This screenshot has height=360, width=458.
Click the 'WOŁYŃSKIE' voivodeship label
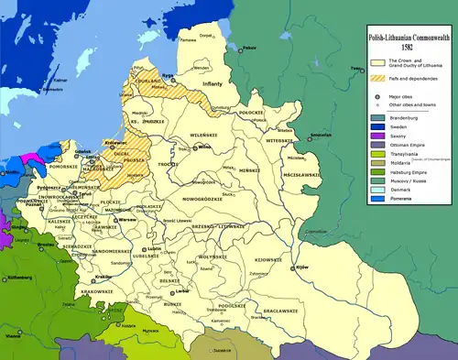(x=208, y=257)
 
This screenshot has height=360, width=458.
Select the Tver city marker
(x=353, y=70)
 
